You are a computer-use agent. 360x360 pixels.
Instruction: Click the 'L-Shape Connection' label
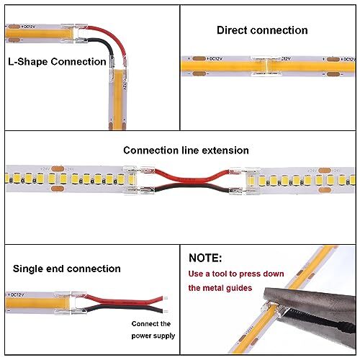tap(56, 62)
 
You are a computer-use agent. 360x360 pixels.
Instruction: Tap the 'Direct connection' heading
tap(262, 30)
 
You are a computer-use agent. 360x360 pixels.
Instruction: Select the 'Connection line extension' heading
tap(186, 150)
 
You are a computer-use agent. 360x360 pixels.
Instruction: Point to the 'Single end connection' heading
tap(66, 269)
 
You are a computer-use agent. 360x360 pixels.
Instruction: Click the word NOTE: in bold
tap(205, 257)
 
